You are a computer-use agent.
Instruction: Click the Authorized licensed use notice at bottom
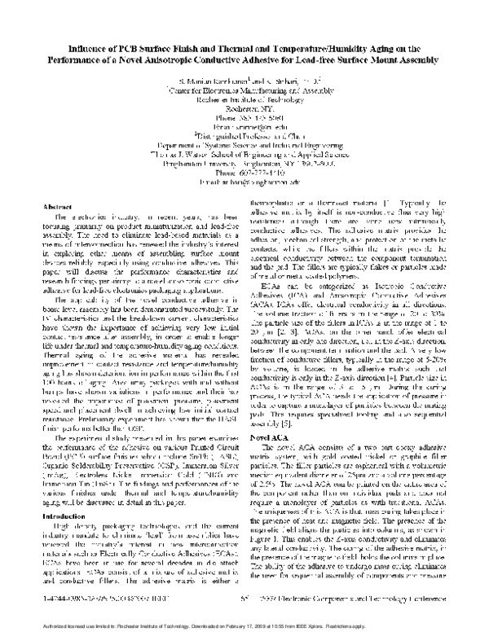[x=244, y=623]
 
